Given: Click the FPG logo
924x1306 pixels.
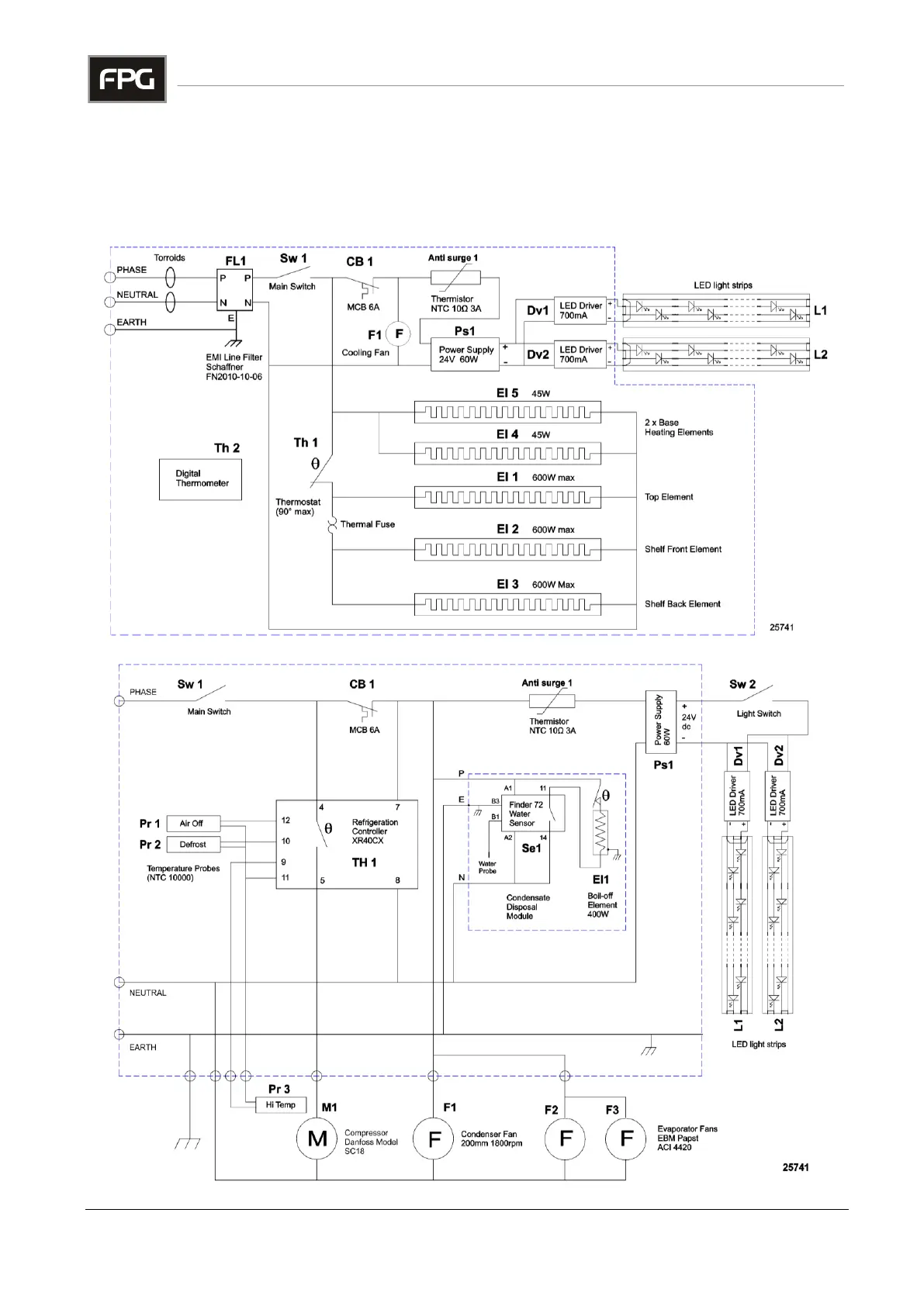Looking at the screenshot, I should tap(126, 79).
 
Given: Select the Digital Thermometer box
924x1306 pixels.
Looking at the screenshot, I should tap(200, 479).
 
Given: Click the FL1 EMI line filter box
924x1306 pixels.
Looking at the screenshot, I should tap(235, 290).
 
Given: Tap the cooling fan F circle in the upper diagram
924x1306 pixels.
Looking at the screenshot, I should tap(399, 334).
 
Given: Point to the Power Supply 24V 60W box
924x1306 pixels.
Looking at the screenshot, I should tap(465, 354).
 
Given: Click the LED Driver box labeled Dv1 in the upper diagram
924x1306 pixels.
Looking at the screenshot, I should tap(581, 310).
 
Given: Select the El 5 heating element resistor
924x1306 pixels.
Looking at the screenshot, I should tap(507, 412).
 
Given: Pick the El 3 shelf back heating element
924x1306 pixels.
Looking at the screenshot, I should tap(507, 604).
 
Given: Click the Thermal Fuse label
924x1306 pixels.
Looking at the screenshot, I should tap(367, 524).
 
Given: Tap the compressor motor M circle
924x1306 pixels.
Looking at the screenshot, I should tap(317, 1138).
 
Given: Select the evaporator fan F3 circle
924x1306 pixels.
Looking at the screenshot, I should tap(626, 1138).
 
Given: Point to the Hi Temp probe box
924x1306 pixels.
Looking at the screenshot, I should tap(280, 1105).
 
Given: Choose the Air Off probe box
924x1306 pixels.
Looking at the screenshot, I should tap(193, 824).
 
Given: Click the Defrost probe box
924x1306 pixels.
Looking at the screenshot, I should tap(193, 845).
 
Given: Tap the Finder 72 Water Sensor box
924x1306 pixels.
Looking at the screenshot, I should tap(532, 814).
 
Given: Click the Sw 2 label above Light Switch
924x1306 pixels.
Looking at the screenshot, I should tap(742, 684).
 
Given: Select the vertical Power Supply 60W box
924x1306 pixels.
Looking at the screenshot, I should tap(662, 721).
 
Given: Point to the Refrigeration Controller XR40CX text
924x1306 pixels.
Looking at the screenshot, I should tap(375, 831).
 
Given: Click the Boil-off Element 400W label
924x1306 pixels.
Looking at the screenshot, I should tap(602, 905).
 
